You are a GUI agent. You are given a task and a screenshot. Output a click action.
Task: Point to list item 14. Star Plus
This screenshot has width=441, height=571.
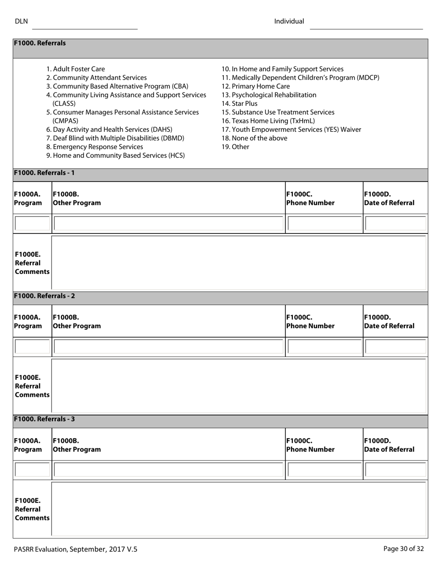point(240,104)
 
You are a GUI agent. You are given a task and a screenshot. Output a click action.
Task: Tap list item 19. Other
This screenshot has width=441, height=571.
point(235,147)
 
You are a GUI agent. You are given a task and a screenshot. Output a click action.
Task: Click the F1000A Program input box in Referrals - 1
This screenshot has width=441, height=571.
point(32,224)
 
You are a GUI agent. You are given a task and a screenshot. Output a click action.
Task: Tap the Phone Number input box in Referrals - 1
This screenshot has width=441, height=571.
point(324,224)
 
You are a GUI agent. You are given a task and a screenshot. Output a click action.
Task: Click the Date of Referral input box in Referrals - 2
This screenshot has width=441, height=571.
point(395,347)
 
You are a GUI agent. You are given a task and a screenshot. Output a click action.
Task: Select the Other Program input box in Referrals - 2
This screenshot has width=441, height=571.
point(168,347)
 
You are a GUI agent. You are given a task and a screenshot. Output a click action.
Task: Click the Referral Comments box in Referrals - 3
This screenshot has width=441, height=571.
point(239,509)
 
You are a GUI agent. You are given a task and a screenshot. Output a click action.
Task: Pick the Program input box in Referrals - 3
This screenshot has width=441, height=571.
point(32,470)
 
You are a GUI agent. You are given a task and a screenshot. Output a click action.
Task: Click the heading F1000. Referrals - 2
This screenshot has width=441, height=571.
point(45,296)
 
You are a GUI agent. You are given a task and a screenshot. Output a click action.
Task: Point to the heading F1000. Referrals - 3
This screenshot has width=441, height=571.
point(45,419)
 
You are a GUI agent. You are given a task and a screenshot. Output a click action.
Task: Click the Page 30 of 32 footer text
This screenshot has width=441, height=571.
point(403,549)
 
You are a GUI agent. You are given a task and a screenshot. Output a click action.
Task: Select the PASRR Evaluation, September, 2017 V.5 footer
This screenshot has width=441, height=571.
point(76,549)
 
